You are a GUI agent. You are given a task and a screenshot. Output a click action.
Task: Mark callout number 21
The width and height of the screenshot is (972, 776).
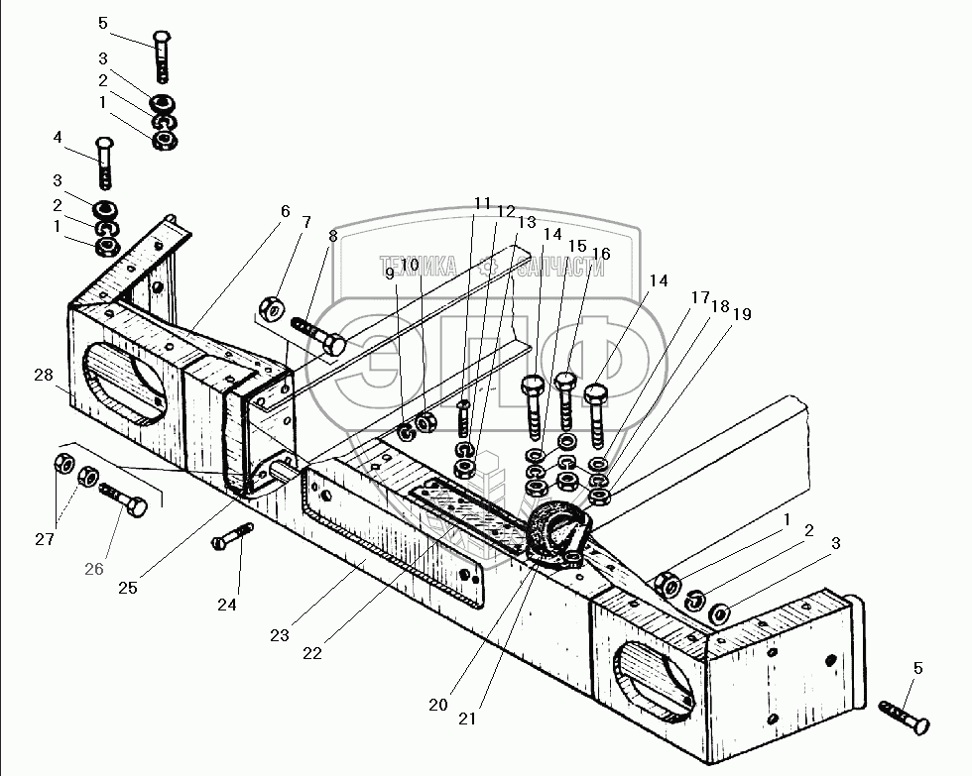click(466, 718)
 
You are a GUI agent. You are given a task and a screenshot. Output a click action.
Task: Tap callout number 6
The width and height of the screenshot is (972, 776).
click(286, 211)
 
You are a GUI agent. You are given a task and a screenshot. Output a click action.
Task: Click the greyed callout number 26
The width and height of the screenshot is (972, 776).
click(94, 569)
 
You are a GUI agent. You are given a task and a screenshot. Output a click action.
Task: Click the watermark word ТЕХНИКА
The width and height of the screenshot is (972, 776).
click(418, 266)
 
